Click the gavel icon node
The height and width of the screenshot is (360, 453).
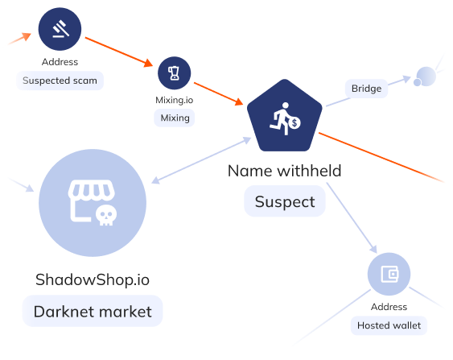(60, 29)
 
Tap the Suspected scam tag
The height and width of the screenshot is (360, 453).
(60, 81)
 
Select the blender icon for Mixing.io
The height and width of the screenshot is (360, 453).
(175, 73)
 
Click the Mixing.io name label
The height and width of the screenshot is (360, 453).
(175, 100)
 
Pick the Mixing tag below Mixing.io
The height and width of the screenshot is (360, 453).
(175, 118)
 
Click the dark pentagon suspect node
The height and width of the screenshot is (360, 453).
(285, 116)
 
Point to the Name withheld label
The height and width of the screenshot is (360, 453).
(285, 171)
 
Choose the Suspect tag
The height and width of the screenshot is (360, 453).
(285, 201)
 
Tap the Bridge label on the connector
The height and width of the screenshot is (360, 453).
(366, 89)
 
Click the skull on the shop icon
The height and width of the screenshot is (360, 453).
(106, 215)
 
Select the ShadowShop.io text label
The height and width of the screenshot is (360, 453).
(93, 279)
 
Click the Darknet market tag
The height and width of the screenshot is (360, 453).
(93, 312)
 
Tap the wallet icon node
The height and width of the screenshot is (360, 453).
(389, 274)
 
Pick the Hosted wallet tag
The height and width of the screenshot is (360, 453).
(389, 325)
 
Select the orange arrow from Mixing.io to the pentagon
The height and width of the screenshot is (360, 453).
(219, 93)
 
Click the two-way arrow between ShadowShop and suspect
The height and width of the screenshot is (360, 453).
(201, 160)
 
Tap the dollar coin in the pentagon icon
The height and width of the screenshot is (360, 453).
(294, 123)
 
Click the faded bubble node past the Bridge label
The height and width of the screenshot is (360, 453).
(425, 77)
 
